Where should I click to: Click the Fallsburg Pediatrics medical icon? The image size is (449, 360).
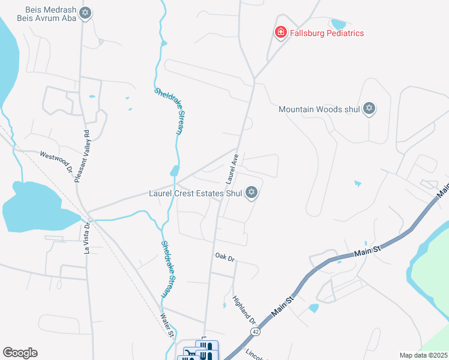[280, 32]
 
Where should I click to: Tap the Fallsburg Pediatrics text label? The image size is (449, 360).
[327, 33]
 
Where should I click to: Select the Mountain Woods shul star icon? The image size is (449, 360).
[370, 109]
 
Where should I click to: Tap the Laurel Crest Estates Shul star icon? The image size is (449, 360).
[252, 193]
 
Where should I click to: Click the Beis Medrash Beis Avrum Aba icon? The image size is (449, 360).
[85, 13]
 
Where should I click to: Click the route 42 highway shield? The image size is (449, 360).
[256, 332]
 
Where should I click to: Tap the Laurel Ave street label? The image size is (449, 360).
[232, 169]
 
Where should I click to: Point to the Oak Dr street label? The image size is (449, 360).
[224, 256]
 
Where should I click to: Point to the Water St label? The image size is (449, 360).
[166, 325]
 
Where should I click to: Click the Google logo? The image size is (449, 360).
[20, 353]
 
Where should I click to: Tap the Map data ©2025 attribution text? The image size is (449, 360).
[424, 355]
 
